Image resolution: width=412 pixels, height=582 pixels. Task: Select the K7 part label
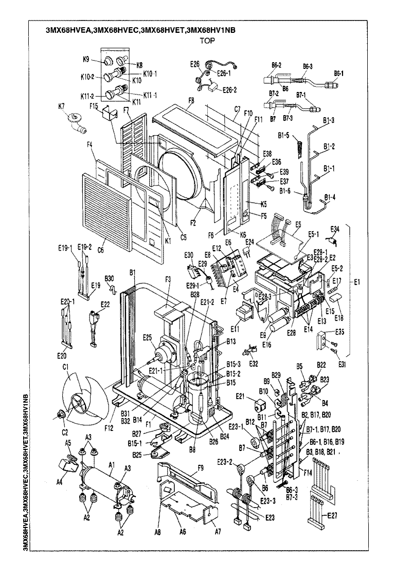61,106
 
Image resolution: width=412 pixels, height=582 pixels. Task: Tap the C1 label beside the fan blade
65,367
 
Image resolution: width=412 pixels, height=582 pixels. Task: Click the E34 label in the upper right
334,229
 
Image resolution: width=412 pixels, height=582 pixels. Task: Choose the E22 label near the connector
105,304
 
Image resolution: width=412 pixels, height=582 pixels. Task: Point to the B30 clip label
109,277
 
